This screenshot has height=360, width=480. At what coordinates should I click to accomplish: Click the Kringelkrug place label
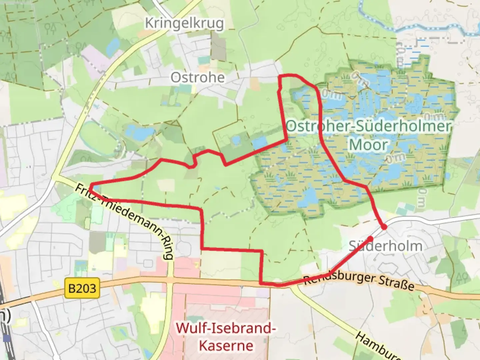184,23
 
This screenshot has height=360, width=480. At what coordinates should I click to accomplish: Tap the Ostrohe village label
198,78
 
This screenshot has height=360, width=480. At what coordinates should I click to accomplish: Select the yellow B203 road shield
82,288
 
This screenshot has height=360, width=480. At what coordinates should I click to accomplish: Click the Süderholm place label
386,246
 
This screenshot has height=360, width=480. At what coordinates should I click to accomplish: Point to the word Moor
368,145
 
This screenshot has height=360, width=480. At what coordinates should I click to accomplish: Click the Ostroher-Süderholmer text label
368,126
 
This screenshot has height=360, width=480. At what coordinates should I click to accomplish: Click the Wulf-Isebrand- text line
226,328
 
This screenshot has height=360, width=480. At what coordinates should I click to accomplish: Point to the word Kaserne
226,345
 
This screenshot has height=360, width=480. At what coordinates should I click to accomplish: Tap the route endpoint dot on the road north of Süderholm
384,227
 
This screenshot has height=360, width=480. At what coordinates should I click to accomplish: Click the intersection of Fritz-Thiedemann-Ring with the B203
170,279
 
